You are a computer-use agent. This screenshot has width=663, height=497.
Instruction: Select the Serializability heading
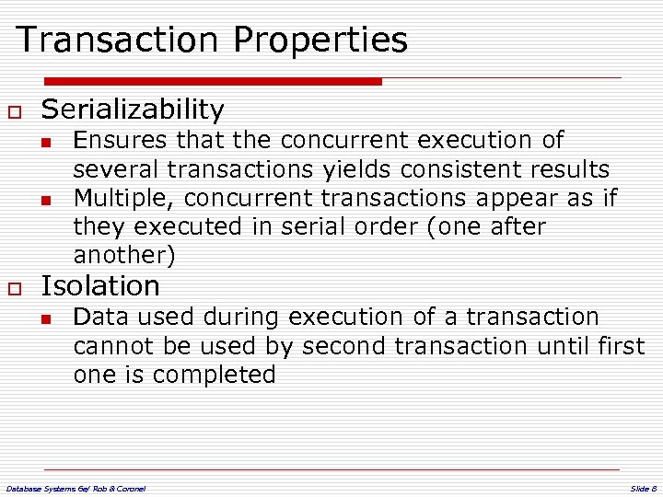133,110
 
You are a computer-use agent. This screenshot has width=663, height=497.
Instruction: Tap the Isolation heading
100,286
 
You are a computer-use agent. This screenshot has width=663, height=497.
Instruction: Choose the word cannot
112,345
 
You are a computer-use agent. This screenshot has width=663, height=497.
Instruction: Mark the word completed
214,375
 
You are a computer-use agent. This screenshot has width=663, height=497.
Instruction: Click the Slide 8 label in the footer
643,488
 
